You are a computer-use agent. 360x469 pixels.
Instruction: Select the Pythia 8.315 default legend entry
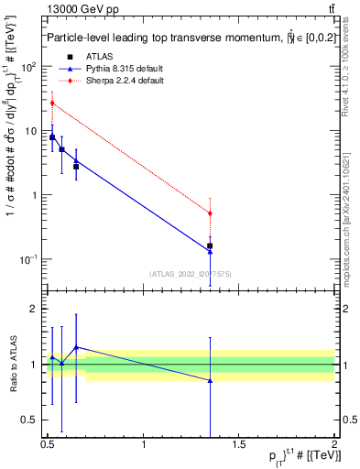pos(114,70)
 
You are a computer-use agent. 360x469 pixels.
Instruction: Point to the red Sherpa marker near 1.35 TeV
pos(210,213)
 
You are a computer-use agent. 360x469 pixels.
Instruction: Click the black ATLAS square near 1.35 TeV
pos(210,245)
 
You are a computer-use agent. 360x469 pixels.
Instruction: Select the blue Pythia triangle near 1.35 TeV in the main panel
pos(210,251)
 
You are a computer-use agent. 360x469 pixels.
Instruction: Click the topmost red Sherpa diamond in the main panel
pos(52,104)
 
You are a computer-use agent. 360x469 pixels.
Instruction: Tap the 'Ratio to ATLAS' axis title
pos(13,365)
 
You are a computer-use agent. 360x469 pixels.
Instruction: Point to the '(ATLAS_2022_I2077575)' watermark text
pos(191,273)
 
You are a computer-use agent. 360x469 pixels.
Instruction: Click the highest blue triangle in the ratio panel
pos(76,347)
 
